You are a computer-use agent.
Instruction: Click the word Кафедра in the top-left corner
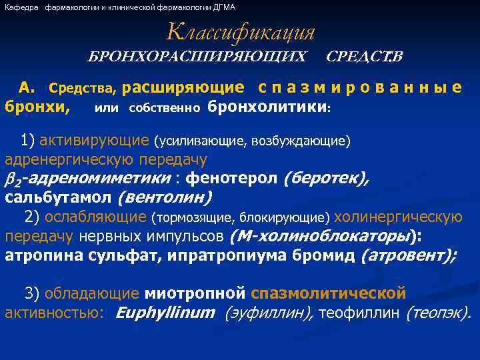[22, 7]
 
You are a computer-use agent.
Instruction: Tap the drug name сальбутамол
[59, 198]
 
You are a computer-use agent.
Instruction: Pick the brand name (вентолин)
[164, 198]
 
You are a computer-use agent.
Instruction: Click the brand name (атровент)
[408, 255]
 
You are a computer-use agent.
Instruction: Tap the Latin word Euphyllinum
[165, 313]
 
